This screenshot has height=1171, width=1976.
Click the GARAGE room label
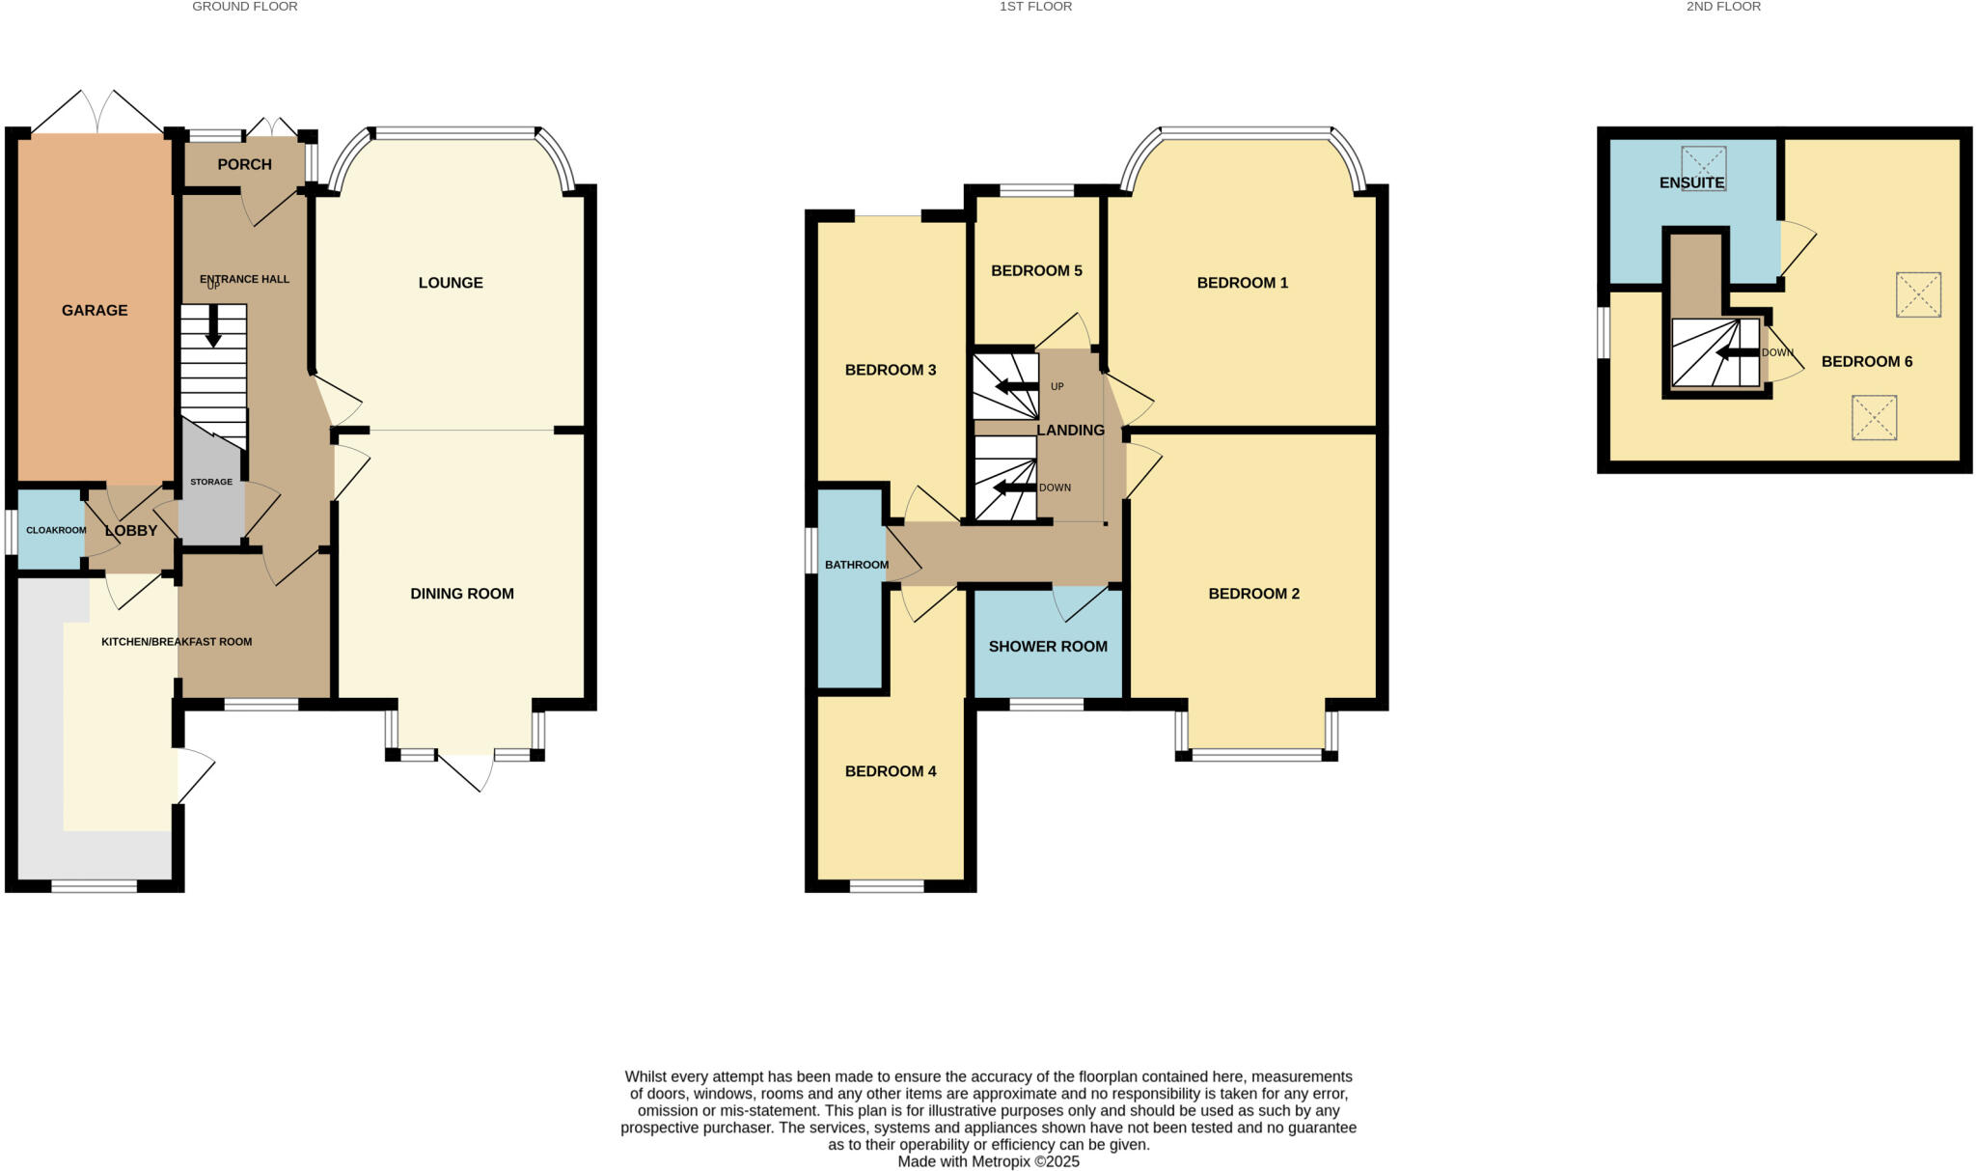pos(95,311)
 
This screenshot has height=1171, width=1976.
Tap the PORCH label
pos(244,165)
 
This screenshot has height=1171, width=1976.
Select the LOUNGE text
pos(451,283)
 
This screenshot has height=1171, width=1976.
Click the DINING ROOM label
pos(462,594)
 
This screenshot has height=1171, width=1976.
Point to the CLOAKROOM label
pos(56,530)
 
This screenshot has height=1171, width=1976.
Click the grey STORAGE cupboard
pos(210,502)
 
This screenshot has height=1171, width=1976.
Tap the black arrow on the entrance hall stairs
pos(213,326)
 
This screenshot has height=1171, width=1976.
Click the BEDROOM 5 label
pos(1036,271)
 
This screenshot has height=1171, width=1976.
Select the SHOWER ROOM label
pos(1048,647)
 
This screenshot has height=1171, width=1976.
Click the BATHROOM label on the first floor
pos(856,565)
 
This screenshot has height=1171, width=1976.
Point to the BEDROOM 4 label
pos(891,771)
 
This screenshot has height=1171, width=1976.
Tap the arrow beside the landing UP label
pos(1012,387)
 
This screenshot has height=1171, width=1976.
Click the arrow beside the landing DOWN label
pos(1012,488)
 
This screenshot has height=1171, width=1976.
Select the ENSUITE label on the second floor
pos(1691,182)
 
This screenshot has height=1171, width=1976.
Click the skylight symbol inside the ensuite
pos(1703,168)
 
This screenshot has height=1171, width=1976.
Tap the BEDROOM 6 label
pos(1866,362)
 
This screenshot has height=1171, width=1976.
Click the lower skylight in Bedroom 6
pos(1874,418)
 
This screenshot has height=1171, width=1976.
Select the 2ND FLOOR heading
pos(1737,7)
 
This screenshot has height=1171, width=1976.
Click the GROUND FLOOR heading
pos(245,7)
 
